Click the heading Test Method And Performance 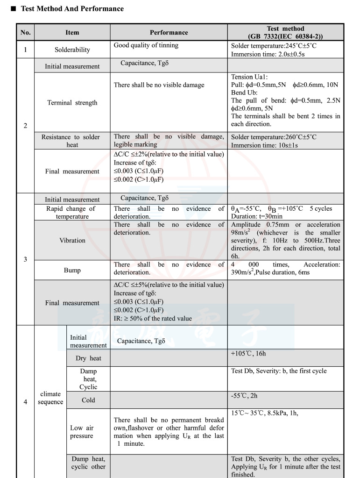point(72,9)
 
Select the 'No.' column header point(25,33)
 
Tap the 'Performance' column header point(169,33)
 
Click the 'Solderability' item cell point(72,50)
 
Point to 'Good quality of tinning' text point(146,45)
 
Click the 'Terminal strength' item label point(72,103)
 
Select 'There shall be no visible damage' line point(159,85)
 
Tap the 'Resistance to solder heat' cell point(72,141)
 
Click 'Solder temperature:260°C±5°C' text point(273,137)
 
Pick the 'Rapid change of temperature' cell point(72,213)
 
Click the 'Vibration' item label point(72,241)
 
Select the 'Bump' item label point(72,271)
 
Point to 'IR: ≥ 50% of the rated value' point(153,319)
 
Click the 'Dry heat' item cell point(88,358)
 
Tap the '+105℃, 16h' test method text point(248,354)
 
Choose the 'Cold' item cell point(88,400)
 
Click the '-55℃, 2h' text point(244,396)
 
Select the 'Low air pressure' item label point(82,432)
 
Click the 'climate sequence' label point(50,398)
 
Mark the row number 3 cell point(25,259)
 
